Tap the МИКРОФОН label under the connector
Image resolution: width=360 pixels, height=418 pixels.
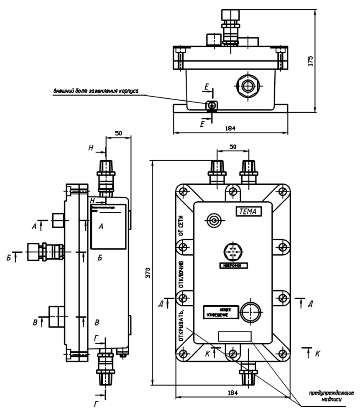coord(233,265)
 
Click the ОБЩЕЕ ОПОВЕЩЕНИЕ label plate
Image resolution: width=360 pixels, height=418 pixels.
coord(220,312)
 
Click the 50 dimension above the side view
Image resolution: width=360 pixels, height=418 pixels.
coord(119,133)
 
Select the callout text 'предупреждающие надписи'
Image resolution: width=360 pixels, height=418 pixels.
coord(331,396)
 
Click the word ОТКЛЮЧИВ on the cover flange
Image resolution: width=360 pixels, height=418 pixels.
coord(181,274)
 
